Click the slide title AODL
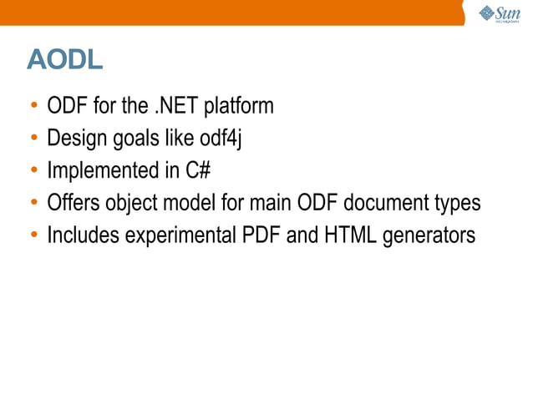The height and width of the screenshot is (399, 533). [65, 59]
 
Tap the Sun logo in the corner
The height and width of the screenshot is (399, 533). [500, 14]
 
